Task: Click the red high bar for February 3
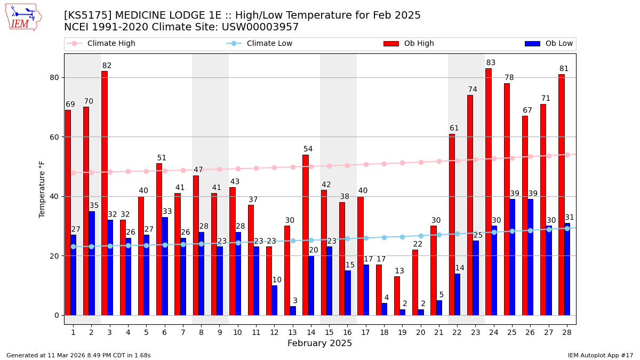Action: tap(105, 193)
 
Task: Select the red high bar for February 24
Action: tap(489, 192)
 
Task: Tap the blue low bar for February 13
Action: tap(293, 310)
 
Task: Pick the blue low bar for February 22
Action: tap(457, 294)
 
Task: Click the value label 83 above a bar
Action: tap(491, 63)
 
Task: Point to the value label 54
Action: tap(308, 149)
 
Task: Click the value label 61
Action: tap(454, 129)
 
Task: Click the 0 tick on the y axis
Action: tap(57, 315)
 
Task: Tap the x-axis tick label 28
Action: tap(567, 332)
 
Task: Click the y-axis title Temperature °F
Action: tap(42, 189)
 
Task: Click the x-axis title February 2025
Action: tap(319, 343)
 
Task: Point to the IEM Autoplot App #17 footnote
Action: tap(600, 355)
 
